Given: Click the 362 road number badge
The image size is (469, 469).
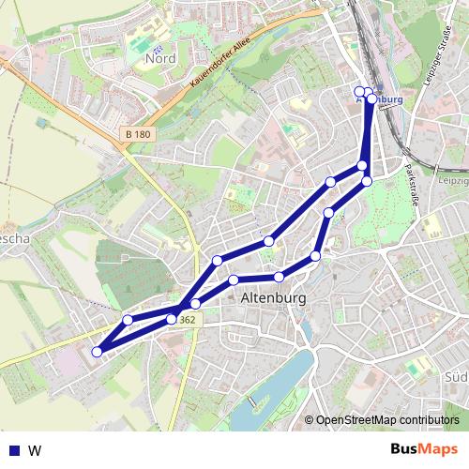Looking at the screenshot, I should (x=188, y=320).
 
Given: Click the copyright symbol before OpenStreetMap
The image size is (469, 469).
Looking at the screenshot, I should (x=309, y=420).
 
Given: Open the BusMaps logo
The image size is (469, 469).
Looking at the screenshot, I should (x=426, y=449).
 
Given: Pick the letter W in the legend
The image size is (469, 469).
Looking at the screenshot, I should (x=36, y=450).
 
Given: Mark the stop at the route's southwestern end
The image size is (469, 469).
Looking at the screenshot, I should (x=97, y=352).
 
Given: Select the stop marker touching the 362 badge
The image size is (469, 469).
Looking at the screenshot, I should (x=172, y=319).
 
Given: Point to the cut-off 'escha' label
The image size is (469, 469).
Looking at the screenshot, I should (x=15, y=239).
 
